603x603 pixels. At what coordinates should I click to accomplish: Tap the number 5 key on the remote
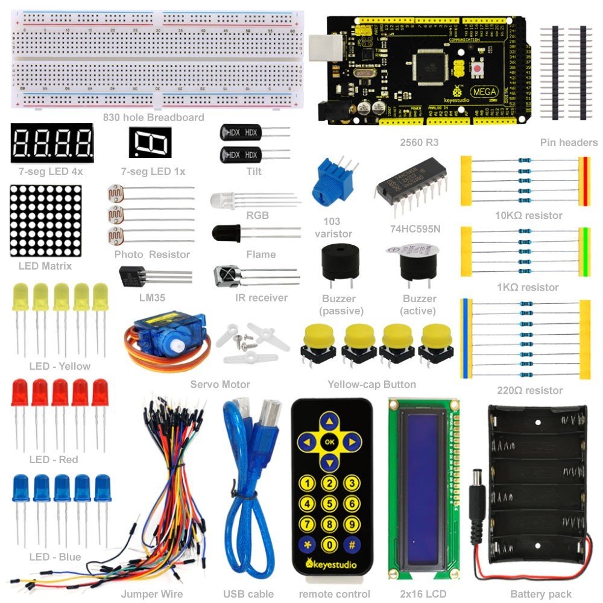pos(329,503)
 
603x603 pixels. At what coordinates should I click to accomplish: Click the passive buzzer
pos(339,262)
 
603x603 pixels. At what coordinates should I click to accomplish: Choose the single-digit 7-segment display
pos(150,142)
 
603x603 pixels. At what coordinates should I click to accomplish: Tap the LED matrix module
pos(46,220)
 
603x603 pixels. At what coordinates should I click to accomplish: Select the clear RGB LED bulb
pos(223,200)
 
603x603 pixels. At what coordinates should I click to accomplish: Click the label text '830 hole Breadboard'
pos(154,118)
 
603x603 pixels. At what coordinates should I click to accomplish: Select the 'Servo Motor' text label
pos(220,384)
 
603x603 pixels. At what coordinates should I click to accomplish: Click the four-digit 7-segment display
pos(52,143)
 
